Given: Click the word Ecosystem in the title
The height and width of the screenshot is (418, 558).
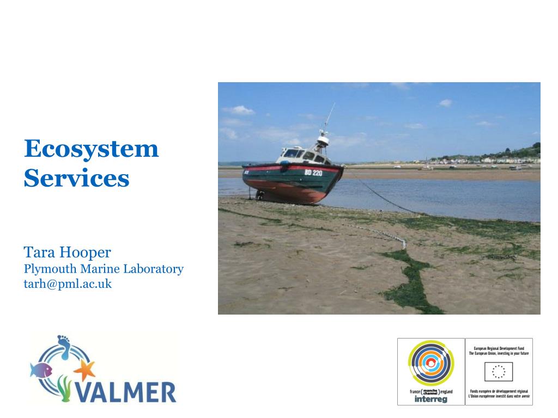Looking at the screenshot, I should tap(91, 149).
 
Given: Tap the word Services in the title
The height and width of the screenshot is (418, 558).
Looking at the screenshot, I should tap(76, 178).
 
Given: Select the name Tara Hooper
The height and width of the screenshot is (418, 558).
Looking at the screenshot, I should tap(67, 253).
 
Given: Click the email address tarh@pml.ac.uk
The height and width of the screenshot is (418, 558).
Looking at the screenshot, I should tap(67, 284).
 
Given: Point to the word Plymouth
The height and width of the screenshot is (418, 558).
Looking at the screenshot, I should tap(50, 269).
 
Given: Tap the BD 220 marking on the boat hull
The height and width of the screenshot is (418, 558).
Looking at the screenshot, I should tap(313, 173).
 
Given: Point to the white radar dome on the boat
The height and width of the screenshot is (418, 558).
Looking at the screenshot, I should tap(323, 140).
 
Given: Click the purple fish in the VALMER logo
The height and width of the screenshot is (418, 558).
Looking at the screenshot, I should tap(41, 371).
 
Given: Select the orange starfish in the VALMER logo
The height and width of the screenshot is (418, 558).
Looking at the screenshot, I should tap(84, 371).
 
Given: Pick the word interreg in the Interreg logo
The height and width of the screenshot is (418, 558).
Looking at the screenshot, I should tap(430, 399).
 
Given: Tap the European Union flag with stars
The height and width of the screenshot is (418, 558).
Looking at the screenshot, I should tap(498, 372).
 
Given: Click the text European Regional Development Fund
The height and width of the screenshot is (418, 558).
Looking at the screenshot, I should tap(498, 347).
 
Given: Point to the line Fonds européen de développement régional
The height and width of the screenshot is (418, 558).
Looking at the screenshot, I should tap(498, 391).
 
